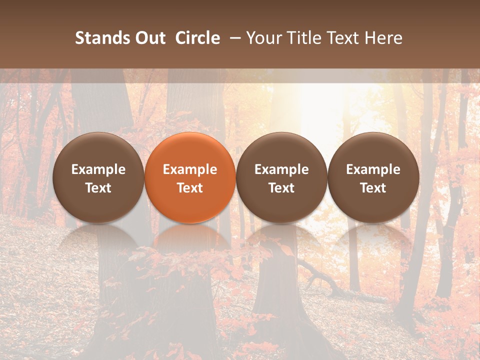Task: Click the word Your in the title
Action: [x=261, y=38]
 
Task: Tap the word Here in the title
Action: [x=382, y=38]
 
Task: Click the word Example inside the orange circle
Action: [x=190, y=169]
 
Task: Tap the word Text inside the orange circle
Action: [x=190, y=188]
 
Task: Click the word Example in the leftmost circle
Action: [x=98, y=169]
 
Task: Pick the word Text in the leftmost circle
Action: [x=98, y=188]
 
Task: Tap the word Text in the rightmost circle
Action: [x=373, y=188]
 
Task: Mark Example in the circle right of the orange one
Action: [x=281, y=169]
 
